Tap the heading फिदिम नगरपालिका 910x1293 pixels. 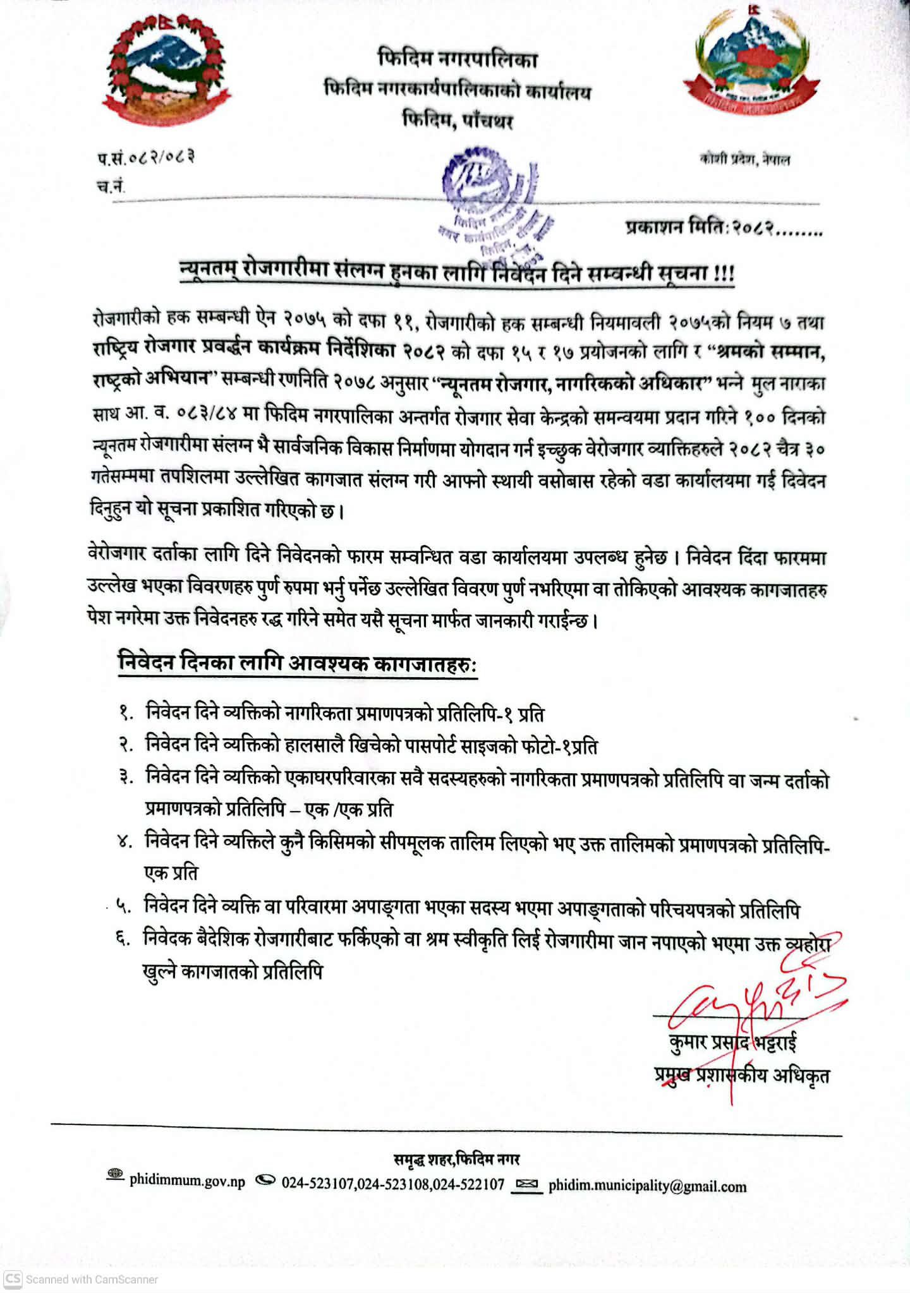pyautogui.click(x=458, y=59)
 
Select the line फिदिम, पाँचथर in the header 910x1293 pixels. pyautogui.click(x=458, y=119)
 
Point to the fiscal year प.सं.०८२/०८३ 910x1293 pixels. pyautogui.click(x=145, y=157)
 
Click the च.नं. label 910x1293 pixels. pyautogui.click(x=111, y=186)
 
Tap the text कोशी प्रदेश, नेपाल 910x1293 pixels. pyautogui.click(x=744, y=159)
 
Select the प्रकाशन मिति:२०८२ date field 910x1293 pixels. pyautogui.click(x=724, y=227)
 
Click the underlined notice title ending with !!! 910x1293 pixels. pyautogui.click(x=456, y=273)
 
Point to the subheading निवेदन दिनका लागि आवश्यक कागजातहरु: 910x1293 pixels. pyautogui.click(x=297, y=664)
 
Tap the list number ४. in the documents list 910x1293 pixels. pyautogui.click(x=124, y=842)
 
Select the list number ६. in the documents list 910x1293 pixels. pyautogui.click(x=123, y=939)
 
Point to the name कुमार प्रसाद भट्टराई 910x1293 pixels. pyautogui.click(x=733, y=1042)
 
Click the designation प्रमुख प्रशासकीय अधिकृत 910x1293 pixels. pyautogui.click(x=742, y=1074)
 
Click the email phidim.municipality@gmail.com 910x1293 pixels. pyautogui.click(x=647, y=1186)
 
